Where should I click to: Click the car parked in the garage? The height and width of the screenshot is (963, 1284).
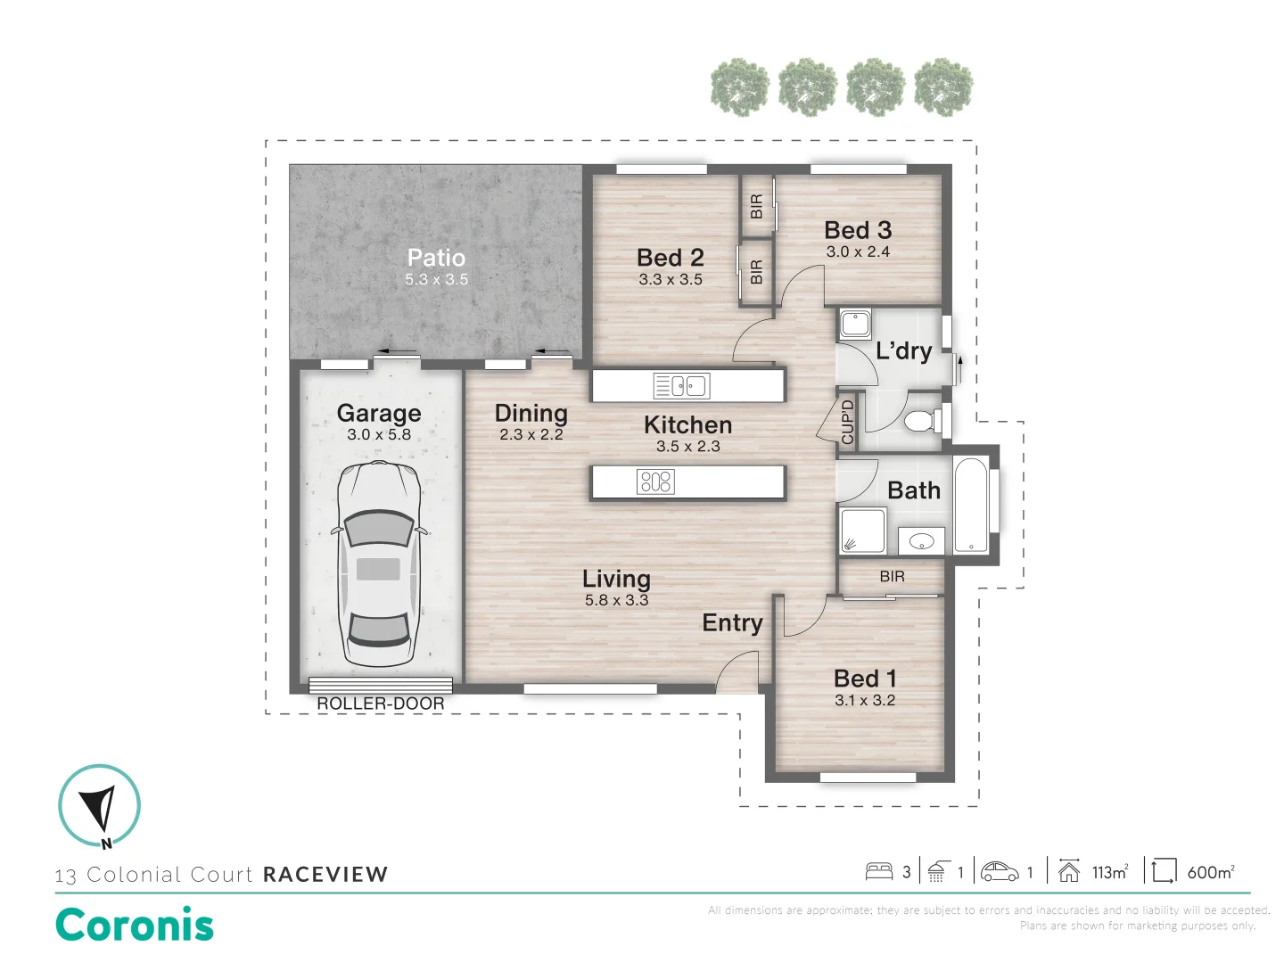click(379, 566)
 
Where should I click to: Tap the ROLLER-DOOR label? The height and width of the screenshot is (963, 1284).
click(381, 704)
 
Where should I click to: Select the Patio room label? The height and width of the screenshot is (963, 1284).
click(436, 258)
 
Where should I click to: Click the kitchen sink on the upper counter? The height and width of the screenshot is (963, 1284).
click(681, 386)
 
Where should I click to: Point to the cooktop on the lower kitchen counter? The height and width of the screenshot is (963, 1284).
click(655, 482)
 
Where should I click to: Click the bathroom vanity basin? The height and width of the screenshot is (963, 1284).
click(921, 540)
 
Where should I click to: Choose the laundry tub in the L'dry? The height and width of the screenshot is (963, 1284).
click(855, 324)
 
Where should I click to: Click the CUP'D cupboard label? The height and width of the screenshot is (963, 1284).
click(847, 422)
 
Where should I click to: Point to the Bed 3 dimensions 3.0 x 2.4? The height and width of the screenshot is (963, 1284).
click(858, 252)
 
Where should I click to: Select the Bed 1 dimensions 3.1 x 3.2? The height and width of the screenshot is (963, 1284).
click(865, 701)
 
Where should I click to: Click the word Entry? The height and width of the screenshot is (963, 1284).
click(732, 623)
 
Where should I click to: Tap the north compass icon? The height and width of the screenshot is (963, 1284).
click(99, 806)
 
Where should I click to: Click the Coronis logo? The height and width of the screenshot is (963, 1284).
click(135, 925)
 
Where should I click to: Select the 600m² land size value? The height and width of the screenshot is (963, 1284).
click(1210, 872)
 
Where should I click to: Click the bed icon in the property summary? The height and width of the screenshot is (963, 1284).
click(879, 871)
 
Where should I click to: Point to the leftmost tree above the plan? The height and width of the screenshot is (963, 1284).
click(740, 87)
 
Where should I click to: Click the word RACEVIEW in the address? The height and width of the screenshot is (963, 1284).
click(325, 875)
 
